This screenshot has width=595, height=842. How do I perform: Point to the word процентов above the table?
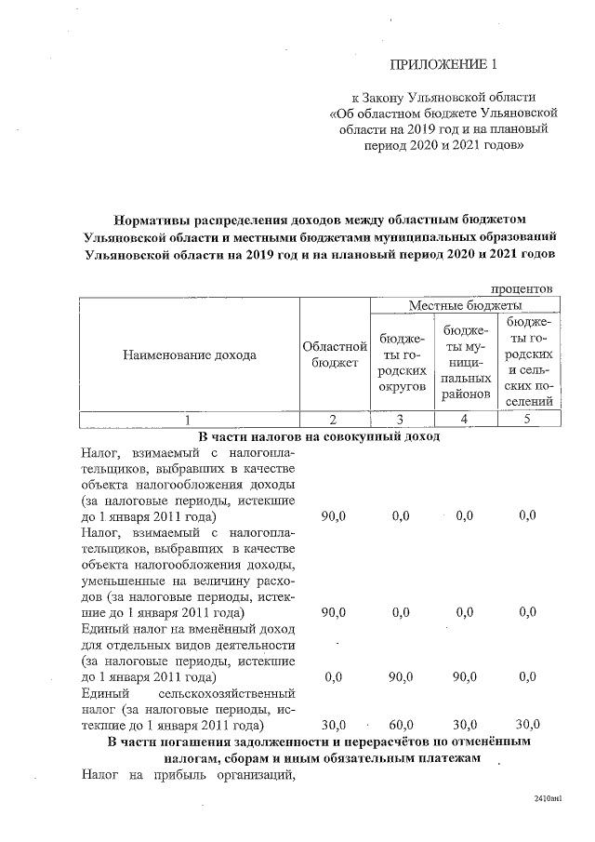pos(522,288)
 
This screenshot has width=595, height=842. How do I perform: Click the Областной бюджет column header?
pos(335,354)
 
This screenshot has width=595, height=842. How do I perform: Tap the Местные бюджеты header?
pos(465,304)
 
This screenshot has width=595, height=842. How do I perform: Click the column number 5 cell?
pos(526,419)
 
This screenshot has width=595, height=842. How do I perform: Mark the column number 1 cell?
pos(189,419)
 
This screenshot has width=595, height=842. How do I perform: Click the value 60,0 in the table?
pos(400,723)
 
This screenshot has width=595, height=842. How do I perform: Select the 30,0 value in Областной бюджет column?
pos(334,723)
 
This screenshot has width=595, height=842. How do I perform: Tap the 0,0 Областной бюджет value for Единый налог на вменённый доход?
pos(334,676)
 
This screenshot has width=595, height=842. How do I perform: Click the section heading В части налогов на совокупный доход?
pos(319,435)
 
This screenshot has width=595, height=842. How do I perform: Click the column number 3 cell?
pos(402,419)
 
